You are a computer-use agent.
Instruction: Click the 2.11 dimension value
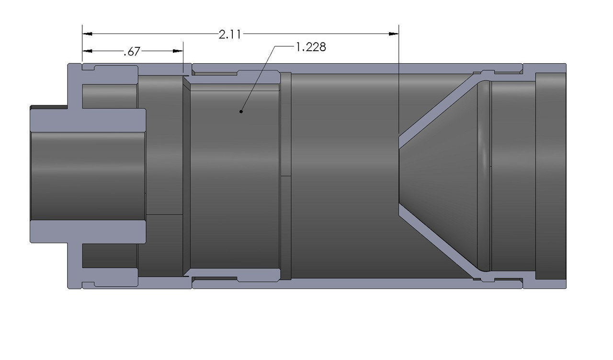point(229,34)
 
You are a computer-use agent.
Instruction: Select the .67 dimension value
point(132,51)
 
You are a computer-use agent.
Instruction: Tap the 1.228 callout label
point(311,47)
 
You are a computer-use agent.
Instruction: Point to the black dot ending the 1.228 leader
point(241,112)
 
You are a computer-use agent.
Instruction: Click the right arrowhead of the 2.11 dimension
point(394,34)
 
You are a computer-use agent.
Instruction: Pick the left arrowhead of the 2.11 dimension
point(87,34)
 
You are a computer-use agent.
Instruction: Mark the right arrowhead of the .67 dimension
point(178,51)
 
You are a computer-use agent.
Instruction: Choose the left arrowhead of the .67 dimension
point(87,51)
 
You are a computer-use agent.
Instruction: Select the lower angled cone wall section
point(438,244)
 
